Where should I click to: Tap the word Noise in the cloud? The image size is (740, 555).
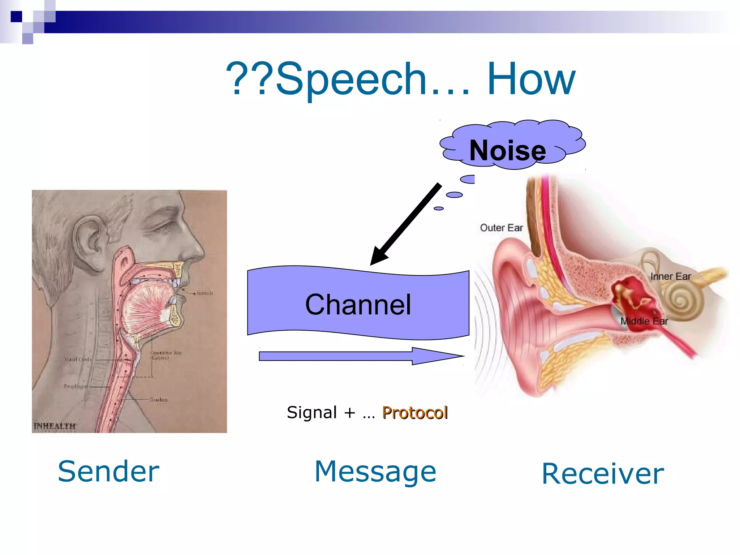(x=507, y=150)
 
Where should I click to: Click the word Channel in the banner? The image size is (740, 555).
(x=358, y=305)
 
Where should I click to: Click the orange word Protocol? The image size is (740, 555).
(x=415, y=413)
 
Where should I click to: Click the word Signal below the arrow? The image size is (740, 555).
(x=311, y=413)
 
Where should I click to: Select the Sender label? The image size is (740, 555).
(x=108, y=472)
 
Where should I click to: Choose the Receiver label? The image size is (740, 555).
(x=603, y=474)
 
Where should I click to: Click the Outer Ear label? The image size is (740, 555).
(x=501, y=228)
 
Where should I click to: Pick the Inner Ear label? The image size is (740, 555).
(x=670, y=277)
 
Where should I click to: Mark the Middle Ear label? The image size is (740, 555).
(x=644, y=321)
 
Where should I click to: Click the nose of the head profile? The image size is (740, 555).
(x=197, y=249)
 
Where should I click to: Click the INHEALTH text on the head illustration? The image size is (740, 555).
(x=54, y=426)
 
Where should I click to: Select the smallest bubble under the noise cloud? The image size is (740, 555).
(x=438, y=208)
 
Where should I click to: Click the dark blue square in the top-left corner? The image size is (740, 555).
(x=16, y=16)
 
